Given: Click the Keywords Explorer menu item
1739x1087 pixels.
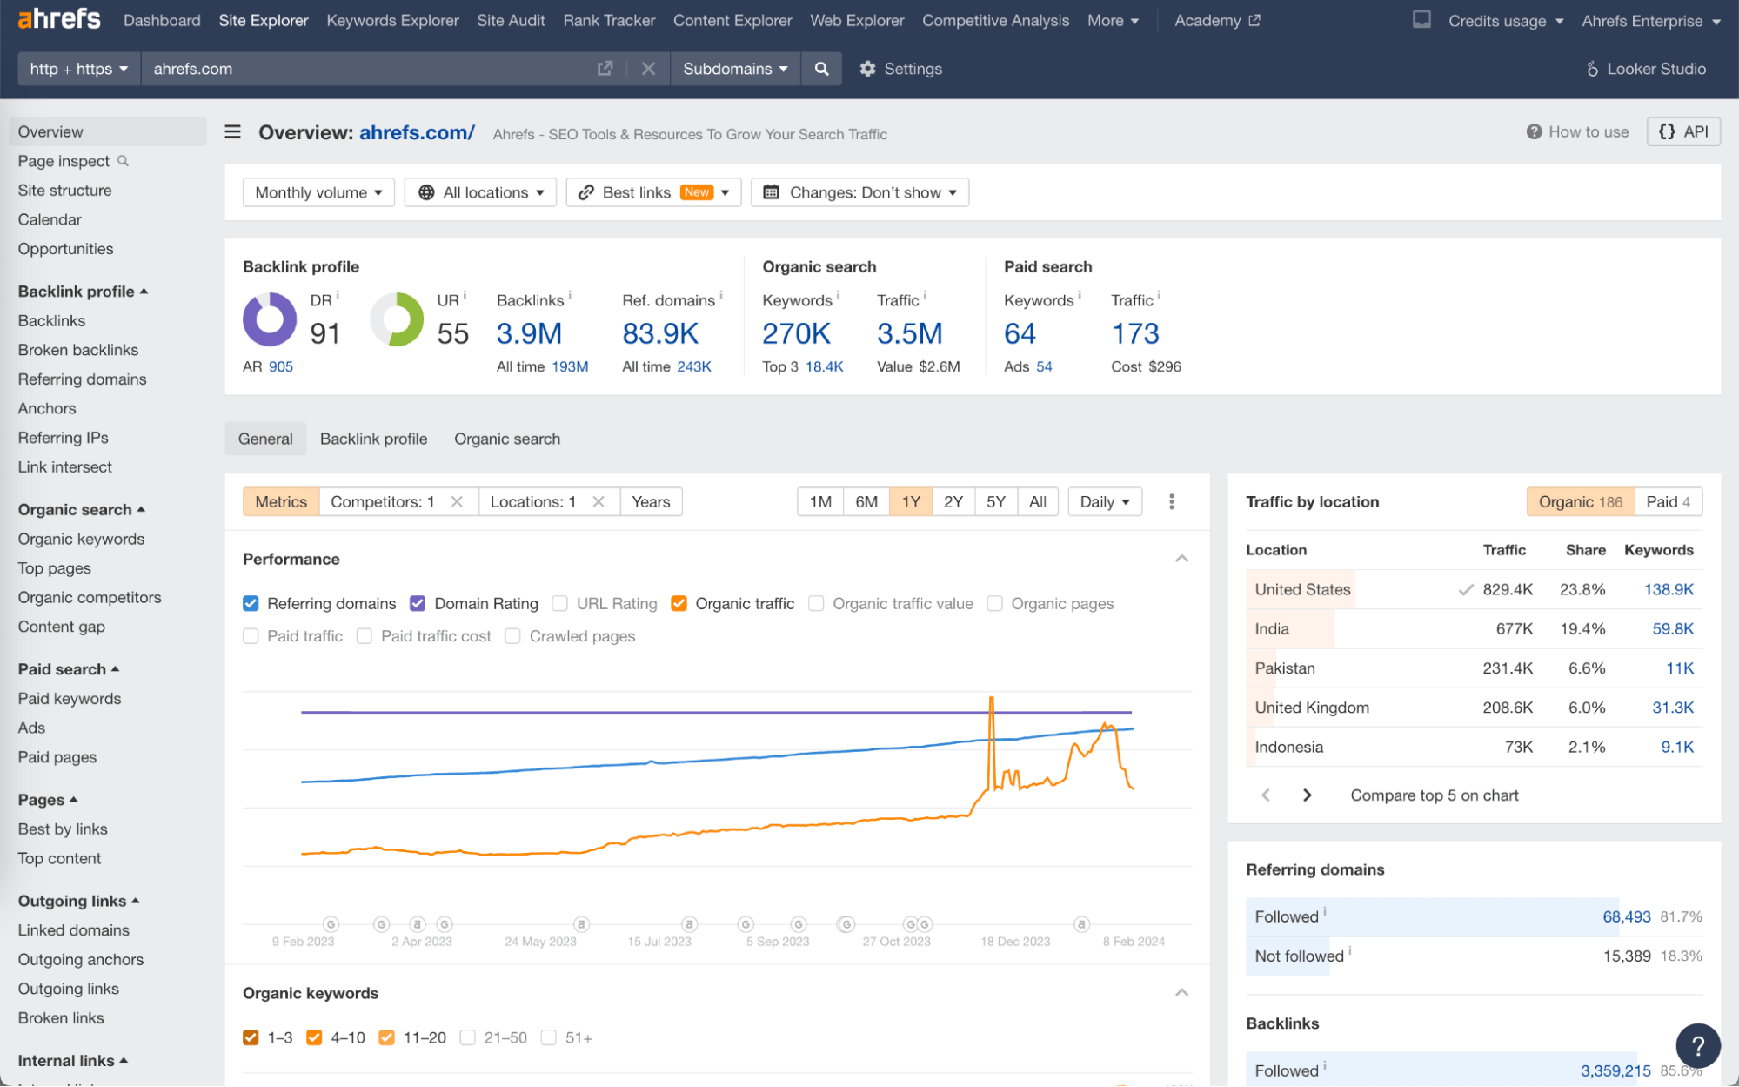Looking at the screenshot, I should coord(392,20).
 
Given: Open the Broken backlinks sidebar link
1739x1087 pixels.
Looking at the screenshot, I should coord(78,350).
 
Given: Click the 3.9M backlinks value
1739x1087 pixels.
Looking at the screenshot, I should coord(529,333).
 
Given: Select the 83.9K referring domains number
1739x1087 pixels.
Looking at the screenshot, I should coord(660,333).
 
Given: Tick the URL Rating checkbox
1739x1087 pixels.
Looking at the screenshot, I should coord(560,603).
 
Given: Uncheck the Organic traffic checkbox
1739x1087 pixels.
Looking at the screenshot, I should coord(679,603).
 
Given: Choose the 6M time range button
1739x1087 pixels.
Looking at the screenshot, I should coord(866,501).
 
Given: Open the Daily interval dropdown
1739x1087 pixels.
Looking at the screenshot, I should coord(1104,501).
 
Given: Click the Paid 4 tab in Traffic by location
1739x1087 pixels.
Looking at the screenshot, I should coord(1668,501).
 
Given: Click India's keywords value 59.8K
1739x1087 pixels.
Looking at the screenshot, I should coord(1672,628).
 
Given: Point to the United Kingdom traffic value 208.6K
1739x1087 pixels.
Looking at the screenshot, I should coord(1508,708).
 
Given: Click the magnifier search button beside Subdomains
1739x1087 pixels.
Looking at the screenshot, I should coord(821,69).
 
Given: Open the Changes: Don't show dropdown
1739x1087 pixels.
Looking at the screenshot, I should coord(860,192).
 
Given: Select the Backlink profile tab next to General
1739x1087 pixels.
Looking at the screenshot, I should coord(373,439).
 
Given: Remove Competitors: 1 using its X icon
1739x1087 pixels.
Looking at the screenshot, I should coord(457,501).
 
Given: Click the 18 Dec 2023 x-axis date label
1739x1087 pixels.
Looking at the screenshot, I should coord(1015,942).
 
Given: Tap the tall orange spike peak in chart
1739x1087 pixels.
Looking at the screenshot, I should coord(991,699).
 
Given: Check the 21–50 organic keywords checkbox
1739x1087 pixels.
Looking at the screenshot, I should coord(468,1037).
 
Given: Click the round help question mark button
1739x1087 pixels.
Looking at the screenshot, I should coord(1697,1046).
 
